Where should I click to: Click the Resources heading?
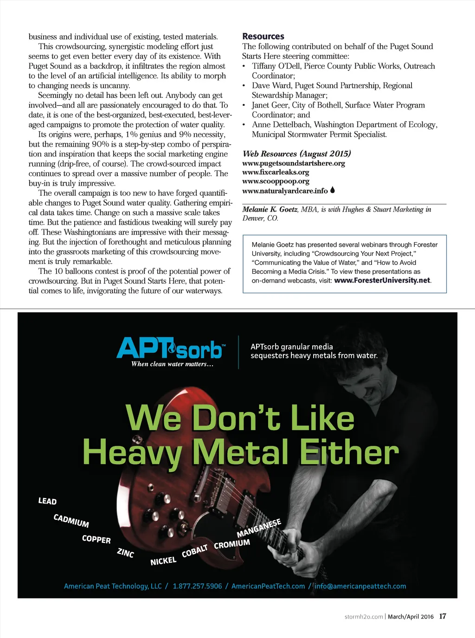[263, 36]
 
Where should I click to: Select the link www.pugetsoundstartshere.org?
[293, 163]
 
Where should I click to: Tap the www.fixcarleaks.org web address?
[276, 172]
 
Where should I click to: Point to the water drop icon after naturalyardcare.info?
[333, 190]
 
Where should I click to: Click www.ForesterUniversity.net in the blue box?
[382, 280]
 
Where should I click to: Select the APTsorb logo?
[170, 348]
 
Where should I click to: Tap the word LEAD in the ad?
[47, 501]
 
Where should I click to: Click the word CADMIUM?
[71, 521]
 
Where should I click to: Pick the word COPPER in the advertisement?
[96, 539]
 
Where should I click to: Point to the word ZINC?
[125, 553]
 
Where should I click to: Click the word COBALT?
[194, 551]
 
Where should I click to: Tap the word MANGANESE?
[259, 528]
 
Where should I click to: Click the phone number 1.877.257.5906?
[197, 586]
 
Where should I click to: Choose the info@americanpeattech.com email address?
[360, 586]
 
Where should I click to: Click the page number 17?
[443, 616]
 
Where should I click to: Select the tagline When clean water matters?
[172, 364]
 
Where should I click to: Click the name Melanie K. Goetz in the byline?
[270, 210]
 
